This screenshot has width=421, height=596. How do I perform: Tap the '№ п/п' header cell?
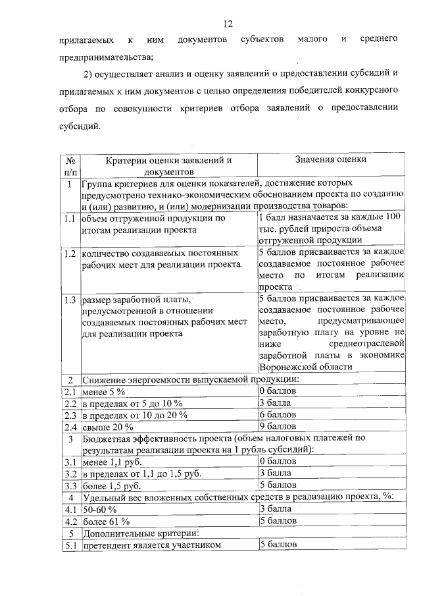pyautogui.click(x=70, y=165)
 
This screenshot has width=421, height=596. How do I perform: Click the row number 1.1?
pyautogui.click(x=70, y=218)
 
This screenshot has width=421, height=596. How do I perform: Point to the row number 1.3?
pyautogui.click(x=70, y=300)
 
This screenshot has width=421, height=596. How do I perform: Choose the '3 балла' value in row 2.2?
pyautogui.click(x=276, y=403)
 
